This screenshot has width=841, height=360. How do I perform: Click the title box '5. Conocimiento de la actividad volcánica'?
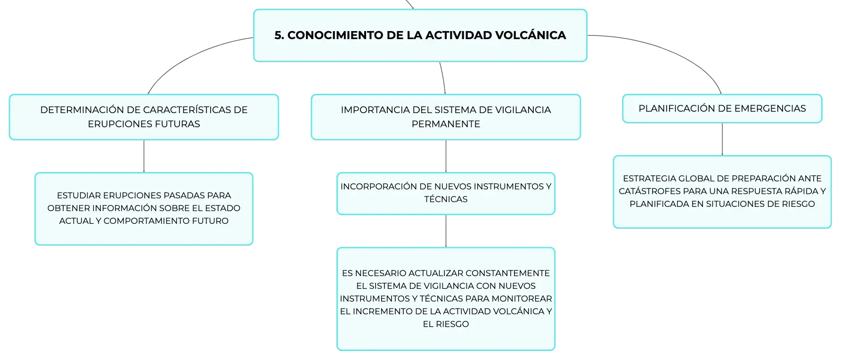(420, 35)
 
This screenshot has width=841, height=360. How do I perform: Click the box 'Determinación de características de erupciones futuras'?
(144, 117)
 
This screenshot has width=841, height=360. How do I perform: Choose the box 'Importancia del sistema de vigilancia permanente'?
(446, 117)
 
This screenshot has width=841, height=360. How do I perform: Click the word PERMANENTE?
(446, 124)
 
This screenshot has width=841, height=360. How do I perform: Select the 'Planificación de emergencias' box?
(722, 108)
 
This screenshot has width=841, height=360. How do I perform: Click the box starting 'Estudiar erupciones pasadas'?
(144, 209)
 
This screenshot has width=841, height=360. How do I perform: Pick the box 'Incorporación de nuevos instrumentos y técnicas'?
(446, 193)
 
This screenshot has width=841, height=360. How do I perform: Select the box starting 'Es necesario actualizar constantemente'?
(446, 299)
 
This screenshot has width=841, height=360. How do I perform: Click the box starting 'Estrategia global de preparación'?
(722, 192)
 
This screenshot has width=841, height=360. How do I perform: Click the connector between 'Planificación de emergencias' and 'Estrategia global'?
(722, 139)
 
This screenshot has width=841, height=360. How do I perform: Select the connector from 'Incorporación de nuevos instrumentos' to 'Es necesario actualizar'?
(446, 231)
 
